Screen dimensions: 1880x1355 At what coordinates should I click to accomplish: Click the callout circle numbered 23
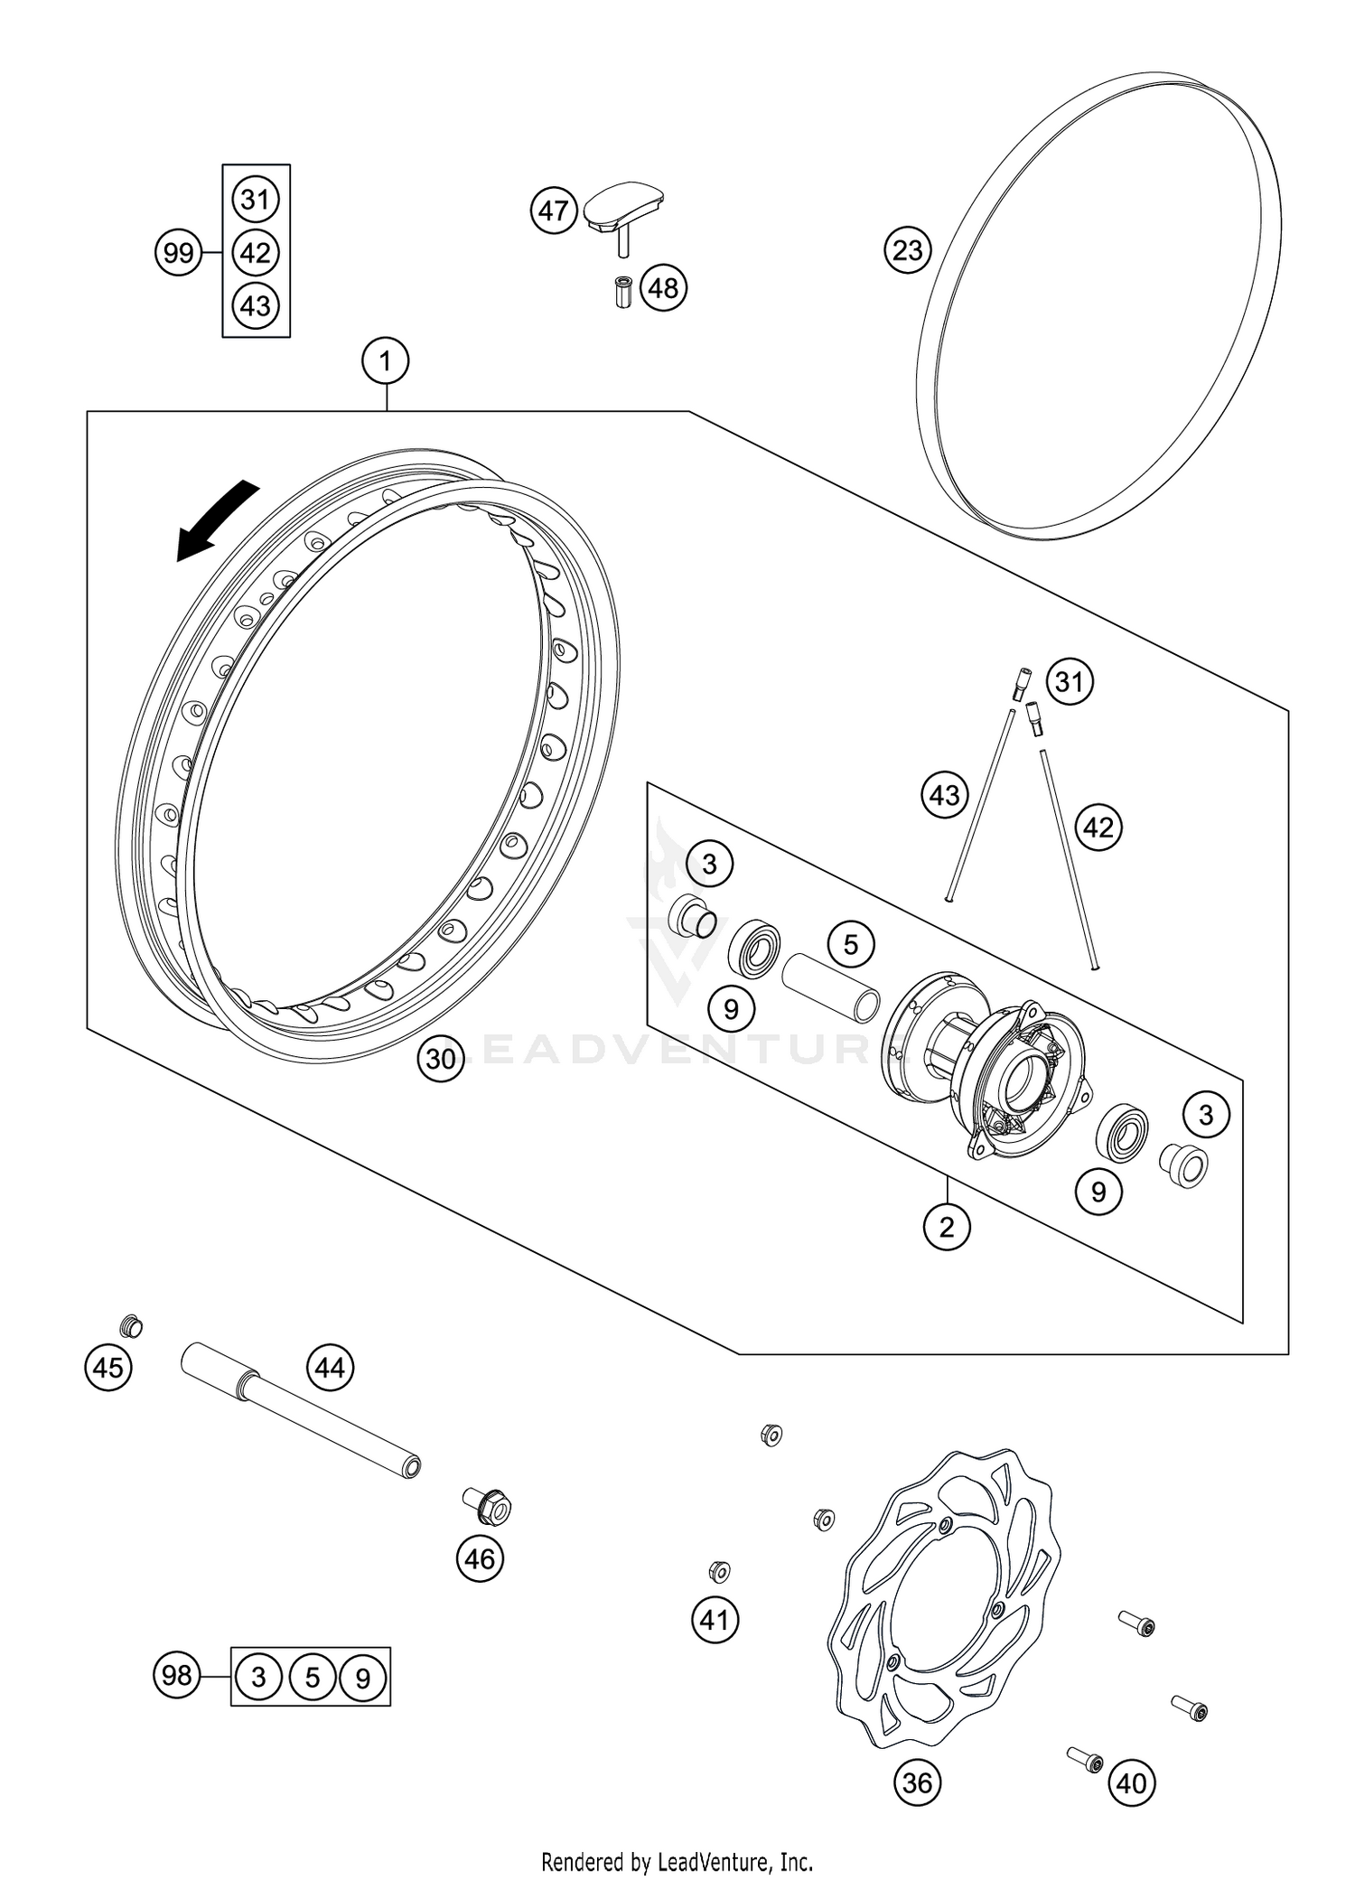click(x=907, y=250)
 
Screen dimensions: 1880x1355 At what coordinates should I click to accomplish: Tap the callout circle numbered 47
click(x=553, y=210)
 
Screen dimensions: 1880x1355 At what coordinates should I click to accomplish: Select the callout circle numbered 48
click(x=663, y=288)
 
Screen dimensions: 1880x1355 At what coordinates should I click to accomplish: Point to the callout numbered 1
click(x=386, y=362)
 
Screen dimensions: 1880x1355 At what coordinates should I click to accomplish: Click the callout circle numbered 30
click(x=440, y=1058)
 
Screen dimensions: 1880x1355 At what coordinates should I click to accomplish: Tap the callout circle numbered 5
click(x=850, y=944)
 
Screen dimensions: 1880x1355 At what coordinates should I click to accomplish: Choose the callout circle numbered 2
click(x=946, y=1227)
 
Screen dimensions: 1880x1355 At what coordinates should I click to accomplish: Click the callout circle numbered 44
click(x=330, y=1368)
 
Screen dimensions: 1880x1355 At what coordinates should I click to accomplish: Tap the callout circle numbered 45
click(x=108, y=1368)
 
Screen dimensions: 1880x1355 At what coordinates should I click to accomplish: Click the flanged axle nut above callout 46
click(x=490, y=1504)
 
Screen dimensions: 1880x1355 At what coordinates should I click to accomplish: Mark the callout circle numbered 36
click(x=917, y=1782)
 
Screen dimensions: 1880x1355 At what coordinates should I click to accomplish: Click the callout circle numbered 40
click(x=1131, y=1782)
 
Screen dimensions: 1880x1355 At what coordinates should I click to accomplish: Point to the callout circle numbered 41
click(x=715, y=1620)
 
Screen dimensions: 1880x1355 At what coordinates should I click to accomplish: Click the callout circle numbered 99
click(x=178, y=252)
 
